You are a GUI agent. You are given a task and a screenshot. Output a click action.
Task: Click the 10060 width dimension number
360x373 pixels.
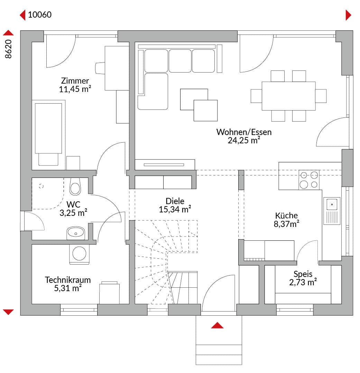pos(40,15)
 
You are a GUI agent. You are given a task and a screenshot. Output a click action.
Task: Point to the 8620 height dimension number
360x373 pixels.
pos(8,49)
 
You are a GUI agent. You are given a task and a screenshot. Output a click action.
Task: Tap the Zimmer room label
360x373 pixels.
pos(75,80)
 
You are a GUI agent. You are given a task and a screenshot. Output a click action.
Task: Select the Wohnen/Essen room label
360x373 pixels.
pos(244,132)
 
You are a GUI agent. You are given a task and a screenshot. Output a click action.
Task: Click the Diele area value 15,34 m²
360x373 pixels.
pos(175,209)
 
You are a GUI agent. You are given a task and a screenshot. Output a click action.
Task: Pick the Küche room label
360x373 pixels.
pos(286,216)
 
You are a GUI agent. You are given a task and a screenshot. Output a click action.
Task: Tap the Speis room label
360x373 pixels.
pos(303,274)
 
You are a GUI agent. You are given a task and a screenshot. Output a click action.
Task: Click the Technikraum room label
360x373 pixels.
pos(68,280)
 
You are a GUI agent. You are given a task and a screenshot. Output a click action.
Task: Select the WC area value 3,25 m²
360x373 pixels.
pos(73,213)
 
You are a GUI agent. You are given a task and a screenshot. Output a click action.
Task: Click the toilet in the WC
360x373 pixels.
pos(75,186)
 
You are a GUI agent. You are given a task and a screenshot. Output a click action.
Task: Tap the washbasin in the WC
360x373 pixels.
pos(76,233)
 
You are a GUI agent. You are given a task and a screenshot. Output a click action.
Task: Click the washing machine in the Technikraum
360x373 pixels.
pos(79,254)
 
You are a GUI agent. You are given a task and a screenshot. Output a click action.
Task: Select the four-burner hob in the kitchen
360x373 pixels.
pos(309,180)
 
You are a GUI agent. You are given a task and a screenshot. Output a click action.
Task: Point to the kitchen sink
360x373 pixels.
pos(332,211)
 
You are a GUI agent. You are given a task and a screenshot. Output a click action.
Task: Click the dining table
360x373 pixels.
pos(288,96)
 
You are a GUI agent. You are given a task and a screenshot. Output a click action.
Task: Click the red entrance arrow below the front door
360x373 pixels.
pos(217,325)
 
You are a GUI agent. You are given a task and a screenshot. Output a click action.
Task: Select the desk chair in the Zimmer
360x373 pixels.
pos(100,68)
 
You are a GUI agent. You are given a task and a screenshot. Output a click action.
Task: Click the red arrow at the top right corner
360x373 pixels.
pos(348,15)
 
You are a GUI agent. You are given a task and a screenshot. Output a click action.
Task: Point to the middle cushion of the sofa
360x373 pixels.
pos(180,61)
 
